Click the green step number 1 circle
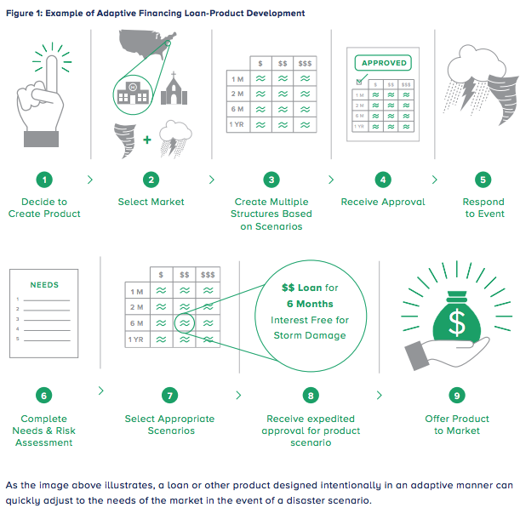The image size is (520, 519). pyautogui.click(x=44, y=180)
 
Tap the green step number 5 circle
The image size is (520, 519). pyautogui.click(x=483, y=180)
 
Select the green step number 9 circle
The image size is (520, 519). pyautogui.click(x=457, y=396)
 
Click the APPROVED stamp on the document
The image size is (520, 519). pyautogui.click(x=383, y=63)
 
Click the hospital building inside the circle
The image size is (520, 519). pyautogui.click(x=133, y=93)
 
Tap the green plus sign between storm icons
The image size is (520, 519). pyautogui.click(x=147, y=140)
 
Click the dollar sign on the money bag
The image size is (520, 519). pyautogui.click(x=457, y=322)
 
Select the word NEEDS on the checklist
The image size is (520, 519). pyautogui.click(x=44, y=285)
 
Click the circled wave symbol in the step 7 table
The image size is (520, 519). pyautogui.click(x=185, y=322)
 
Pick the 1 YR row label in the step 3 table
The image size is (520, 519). pyautogui.click(x=237, y=125)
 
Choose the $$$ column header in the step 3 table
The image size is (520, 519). pyautogui.click(x=305, y=63)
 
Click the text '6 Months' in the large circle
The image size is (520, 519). pyautogui.click(x=310, y=304)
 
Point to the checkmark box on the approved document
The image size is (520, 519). pyautogui.click(x=359, y=82)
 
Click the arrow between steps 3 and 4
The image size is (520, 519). pyautogui.click(x=331, y=180)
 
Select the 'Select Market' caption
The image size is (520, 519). pyautogui.click(x=151, y=202)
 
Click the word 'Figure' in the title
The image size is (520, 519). pyautogui.click(x=20, y=14)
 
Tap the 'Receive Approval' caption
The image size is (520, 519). pyautogui.click(x=383, y=202)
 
